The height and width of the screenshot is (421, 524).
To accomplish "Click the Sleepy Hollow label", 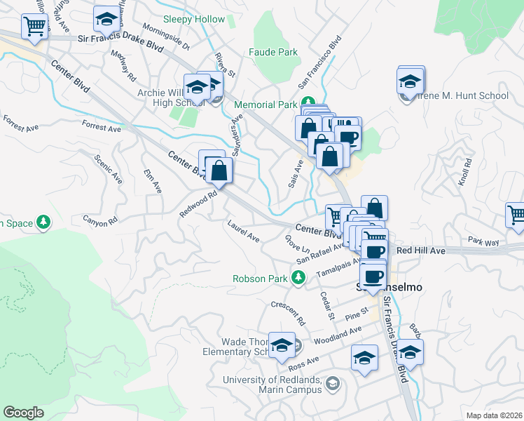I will click(x=194, y=20).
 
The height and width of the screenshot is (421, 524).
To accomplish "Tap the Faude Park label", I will click(x=273, y=52).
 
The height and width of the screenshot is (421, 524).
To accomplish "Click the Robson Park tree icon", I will click(x=298, y=279).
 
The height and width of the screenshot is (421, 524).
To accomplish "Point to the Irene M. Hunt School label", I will click(x=463, y=95).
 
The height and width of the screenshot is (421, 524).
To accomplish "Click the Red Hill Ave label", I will click(x=420, y=250).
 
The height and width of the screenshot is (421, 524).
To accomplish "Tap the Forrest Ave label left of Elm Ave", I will click(x=101, y=127).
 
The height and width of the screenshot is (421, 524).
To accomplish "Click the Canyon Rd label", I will click(x=98, y=222).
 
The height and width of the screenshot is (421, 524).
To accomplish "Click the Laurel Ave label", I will click(x=243, y=230).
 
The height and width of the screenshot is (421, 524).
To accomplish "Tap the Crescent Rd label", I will click(x=289, y=313).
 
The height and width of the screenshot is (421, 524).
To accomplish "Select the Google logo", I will click(x=23, y=413).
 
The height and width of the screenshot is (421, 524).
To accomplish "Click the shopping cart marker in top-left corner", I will click(x=34, y=27).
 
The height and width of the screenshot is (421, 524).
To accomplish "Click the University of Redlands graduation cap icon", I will click(x=332, y=383).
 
